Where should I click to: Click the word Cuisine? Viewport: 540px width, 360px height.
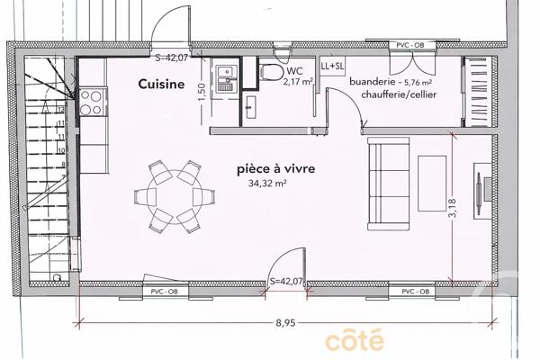(x=161, y=85)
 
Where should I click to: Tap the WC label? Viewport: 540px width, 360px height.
(x=295, y=69)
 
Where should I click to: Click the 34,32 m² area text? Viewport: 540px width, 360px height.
(x=267, y=183)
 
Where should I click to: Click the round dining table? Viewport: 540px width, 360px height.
(x=171, y=193)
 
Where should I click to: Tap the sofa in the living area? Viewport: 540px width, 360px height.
(x=389, y=184)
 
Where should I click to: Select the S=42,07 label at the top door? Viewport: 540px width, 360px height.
(x=172, y=58)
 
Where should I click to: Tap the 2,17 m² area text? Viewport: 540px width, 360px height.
(x=298, y=81)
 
